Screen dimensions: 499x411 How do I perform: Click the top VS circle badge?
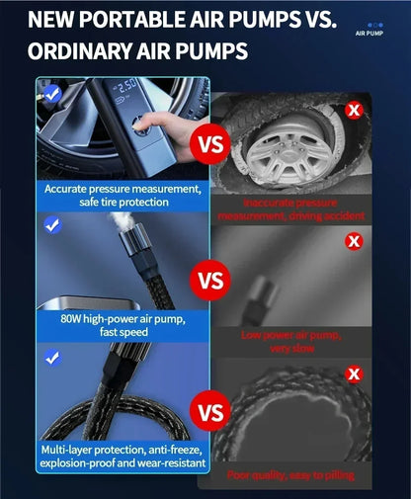pos(210,144)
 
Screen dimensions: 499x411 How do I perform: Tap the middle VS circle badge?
pos(210,280)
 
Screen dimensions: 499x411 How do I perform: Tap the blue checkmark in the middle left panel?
pos(52,225)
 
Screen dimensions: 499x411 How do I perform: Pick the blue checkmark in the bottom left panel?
pos(52,359)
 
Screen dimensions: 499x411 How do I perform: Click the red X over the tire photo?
pos(354,110)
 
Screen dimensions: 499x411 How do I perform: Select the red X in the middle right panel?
pos(354,241)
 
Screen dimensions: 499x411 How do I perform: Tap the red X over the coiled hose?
pos(354,374)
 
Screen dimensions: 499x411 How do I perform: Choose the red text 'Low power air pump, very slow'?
pos(291,340)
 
